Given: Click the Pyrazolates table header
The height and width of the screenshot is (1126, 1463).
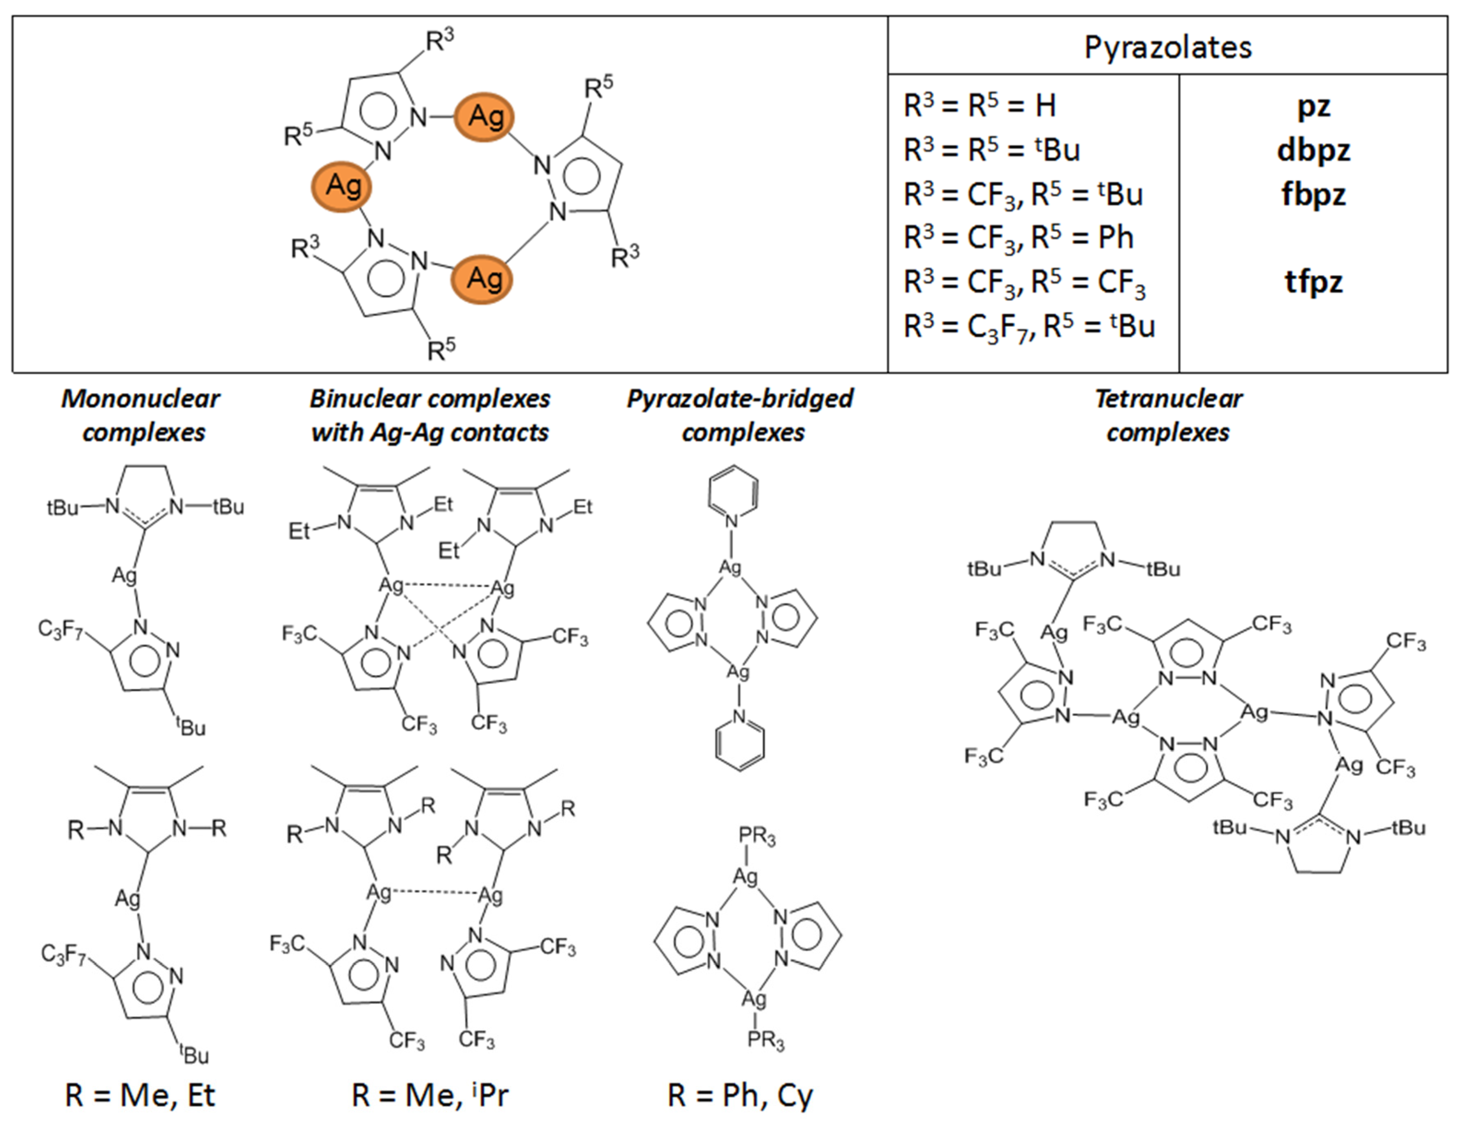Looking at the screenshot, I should coord(1168,47).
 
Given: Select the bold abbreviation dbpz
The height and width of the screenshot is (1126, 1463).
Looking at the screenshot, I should coord(1313,149).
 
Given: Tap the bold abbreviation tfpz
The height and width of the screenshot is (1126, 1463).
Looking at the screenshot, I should coord(1313,281).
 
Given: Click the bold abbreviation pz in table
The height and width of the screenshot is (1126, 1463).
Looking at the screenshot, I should coord(1313,106).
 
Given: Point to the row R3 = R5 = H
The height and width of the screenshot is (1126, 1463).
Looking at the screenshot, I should coord(979,106).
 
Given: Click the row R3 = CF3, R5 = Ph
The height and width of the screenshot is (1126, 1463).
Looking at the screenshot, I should coord(1018,238).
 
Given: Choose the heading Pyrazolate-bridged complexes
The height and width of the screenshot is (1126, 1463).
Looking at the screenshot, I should coord(740,415).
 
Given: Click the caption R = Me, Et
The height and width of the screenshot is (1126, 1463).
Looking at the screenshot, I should coord(140,1095).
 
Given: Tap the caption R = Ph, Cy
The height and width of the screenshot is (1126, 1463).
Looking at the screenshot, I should coord(740,1095).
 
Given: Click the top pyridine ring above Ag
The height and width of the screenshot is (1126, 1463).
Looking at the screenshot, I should coord(733,490).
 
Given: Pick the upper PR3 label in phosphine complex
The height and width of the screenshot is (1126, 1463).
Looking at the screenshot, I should coord(757,837).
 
